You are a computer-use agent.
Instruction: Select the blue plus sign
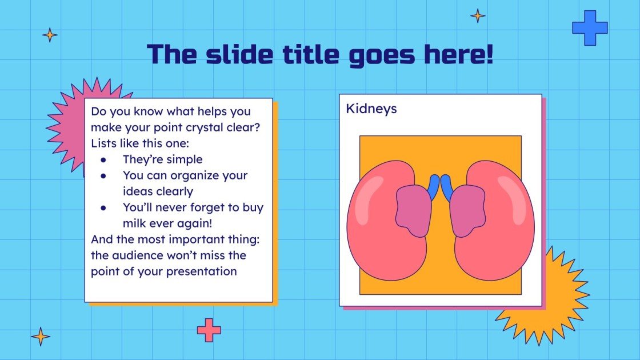coord(590,28)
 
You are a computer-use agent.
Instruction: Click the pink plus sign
coord(209,330)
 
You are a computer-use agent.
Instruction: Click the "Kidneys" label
coord(371,109)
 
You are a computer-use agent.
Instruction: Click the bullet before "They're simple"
coord(103,160)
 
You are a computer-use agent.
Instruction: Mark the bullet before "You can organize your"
coord(103,176)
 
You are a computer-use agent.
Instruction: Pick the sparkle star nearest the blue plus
coord(478,16)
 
